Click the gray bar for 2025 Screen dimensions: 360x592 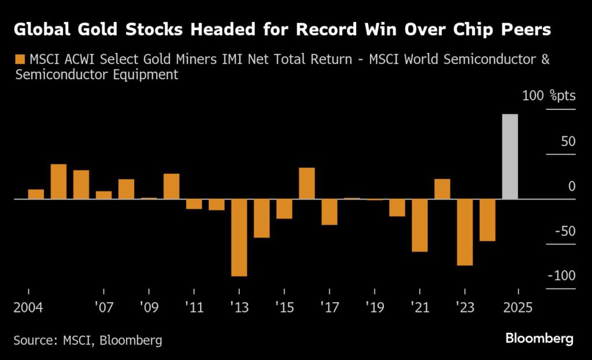(509, 157)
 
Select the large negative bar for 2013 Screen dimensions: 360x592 (239, 237)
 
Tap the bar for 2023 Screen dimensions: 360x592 (464, 232)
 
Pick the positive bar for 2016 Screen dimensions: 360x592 (306, 183)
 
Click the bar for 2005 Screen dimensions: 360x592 (58, 181)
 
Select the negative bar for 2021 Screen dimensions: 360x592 (419, 225)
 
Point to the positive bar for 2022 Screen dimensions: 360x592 (442, 189)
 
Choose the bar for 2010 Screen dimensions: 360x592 (171, 186)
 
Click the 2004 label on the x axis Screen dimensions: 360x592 (27, 306)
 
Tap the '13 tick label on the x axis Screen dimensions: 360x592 (239, 306)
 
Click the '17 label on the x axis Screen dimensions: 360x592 (329, 306)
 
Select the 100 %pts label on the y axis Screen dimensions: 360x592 (549, 96)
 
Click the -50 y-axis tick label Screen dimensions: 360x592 (563, 231)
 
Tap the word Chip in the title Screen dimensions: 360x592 (460, 30)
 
